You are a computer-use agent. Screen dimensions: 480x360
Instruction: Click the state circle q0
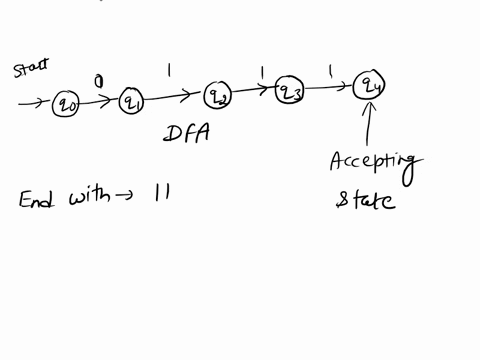coord(66,103)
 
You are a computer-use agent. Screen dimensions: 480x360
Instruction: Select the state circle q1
coord(132,101)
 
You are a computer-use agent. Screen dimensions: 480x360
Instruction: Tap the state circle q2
coord(218,95)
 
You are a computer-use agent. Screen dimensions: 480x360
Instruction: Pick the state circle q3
coord(290,91)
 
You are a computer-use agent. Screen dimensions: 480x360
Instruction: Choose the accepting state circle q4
coord(371,86)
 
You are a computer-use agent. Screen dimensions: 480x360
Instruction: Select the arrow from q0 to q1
coord(99,102)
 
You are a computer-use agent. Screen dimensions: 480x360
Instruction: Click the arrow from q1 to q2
coord(175,98)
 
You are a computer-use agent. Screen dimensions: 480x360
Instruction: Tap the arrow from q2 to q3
coord(254,92)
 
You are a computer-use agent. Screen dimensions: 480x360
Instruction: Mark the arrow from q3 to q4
coord(330,88)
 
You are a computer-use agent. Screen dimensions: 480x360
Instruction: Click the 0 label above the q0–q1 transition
coord(99,81)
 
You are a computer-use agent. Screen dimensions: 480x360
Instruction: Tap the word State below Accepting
coord(365,201)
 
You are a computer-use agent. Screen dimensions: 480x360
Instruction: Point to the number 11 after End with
coord(160,195)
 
